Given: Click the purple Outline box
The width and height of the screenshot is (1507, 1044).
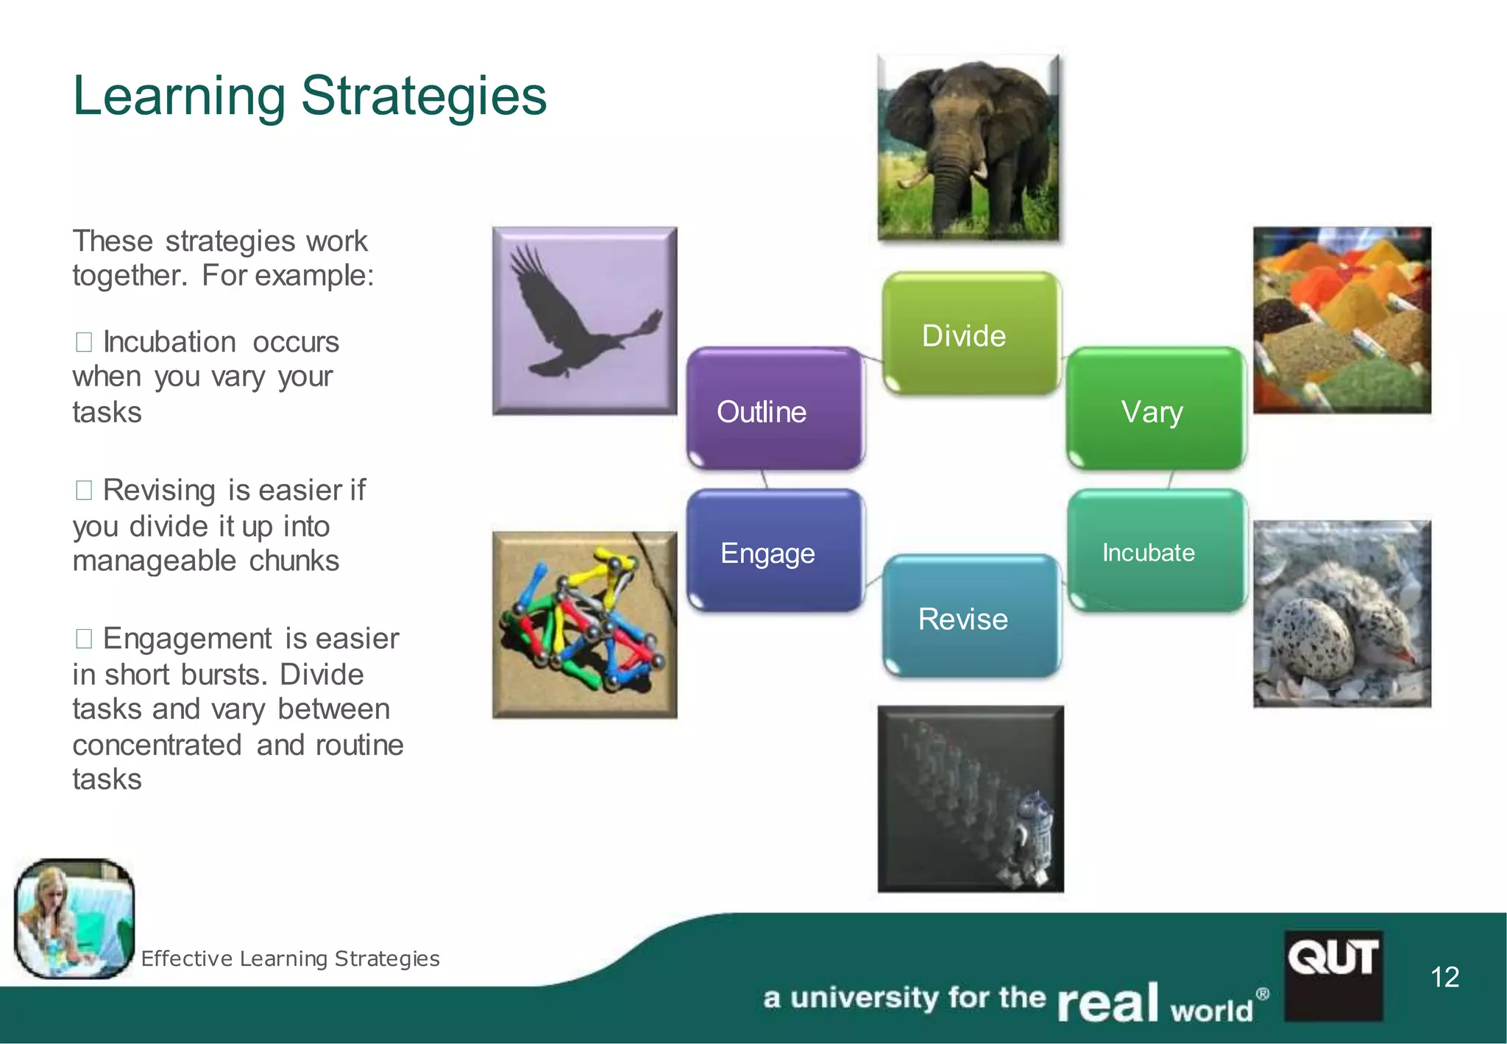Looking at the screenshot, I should click(x=774, y=409).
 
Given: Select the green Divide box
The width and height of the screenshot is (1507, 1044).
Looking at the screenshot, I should click(x=970, y=334).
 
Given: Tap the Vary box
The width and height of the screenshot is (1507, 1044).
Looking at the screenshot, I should click(x=1154, y=409).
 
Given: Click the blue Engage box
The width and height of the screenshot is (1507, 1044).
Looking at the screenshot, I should click(x=774, y=552).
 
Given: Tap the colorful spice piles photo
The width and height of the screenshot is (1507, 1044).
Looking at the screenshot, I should click(x=1341, y=319).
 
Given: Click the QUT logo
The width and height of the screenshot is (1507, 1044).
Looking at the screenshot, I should click(x=1333, y=974).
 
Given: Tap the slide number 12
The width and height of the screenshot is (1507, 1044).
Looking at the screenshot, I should click(x=1444, y=977).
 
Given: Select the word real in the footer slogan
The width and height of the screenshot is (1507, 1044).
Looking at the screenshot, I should click(x=1108, y=1002).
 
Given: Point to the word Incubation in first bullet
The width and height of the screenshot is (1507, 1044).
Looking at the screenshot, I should click(x=169, y=342).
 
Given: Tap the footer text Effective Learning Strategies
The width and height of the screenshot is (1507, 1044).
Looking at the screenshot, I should click(x=290, y=958).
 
